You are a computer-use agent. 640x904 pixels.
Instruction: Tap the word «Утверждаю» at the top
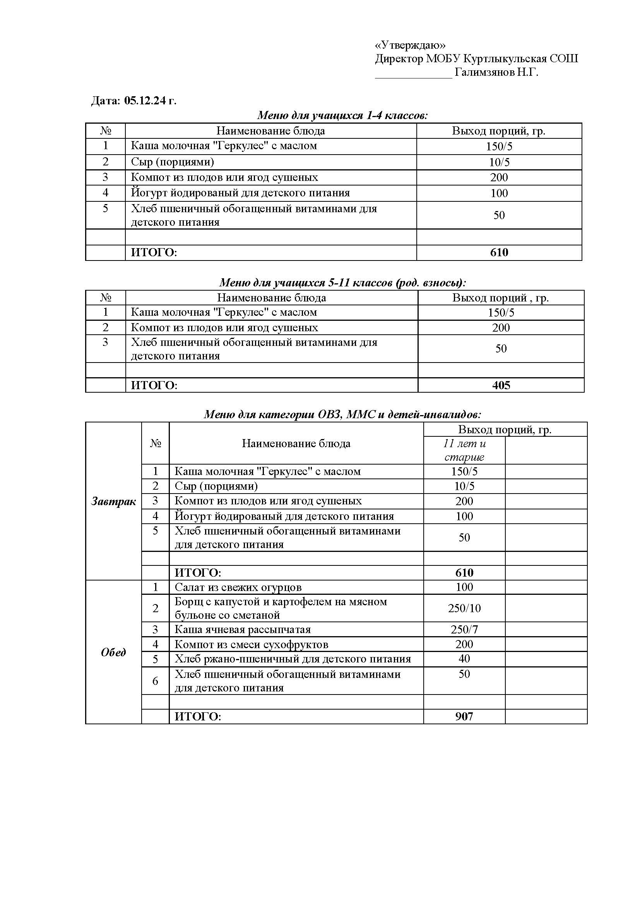pos(410,45)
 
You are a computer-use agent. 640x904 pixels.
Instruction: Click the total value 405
pos(501,385)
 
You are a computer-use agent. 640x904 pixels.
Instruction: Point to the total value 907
pos(464,716)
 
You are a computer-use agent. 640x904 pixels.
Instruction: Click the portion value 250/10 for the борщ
pos(464,608)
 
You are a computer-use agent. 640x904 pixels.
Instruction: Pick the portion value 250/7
pos(464,630)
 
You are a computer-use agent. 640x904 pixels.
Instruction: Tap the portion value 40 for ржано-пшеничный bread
pos(464,658)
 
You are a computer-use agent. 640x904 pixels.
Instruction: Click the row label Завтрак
pos(113,501)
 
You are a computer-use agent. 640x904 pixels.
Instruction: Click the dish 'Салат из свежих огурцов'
pos(238,587)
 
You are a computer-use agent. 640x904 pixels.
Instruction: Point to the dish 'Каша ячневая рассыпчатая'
pos(242,630)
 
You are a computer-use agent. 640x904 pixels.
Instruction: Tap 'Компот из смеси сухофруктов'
pos(252,645)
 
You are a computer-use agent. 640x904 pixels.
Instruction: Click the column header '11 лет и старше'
pos(464,450)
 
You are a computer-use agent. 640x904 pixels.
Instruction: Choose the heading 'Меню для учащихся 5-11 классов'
pos(342,283)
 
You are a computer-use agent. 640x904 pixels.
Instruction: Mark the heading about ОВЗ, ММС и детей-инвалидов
pos(342,414)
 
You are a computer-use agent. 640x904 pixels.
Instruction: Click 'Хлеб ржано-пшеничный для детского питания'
pos(293,659)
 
